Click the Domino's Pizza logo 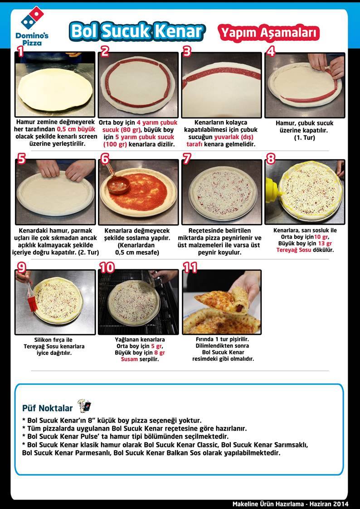(x=32, y=26)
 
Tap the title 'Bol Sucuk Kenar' (x=136, y=31)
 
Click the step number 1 (x=20, y=51)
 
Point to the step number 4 (x=271, y=51)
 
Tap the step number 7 (x=187, y=159)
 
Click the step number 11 (x=190, y=267)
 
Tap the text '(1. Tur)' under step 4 (x=305, y=138)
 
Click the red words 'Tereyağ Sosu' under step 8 (x=294, y=250)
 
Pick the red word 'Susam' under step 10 (x=129, y=359)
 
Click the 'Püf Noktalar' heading (x=48, y=408)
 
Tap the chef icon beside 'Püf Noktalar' (x=84, y=406)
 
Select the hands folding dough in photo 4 (x=326, y=65)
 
